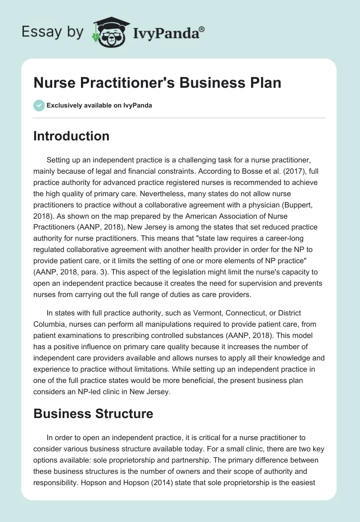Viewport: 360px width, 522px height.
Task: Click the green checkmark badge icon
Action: click(39, 105)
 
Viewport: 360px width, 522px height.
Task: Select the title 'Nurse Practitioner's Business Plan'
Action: click(157, 83)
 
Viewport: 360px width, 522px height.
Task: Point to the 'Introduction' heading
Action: click(71, 136)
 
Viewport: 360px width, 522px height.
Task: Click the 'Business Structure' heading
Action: click(93, 414)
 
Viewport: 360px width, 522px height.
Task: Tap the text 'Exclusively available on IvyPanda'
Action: click(99, 105)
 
